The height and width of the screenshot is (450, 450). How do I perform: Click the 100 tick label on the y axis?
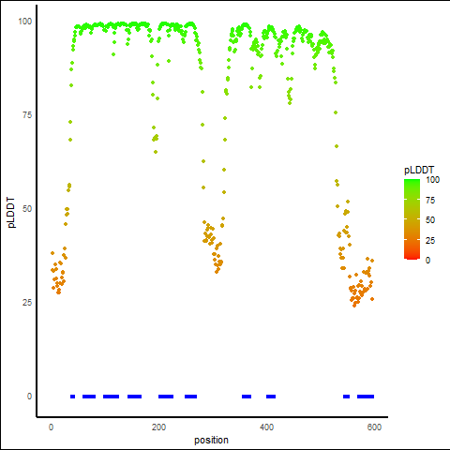click(x=25, y=22)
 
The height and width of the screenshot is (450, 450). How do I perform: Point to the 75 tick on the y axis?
click(x=27, y=115)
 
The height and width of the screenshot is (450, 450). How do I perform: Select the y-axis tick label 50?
click(x=27, y=209)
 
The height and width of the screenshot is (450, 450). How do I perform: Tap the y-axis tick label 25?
click(x=27, y=303)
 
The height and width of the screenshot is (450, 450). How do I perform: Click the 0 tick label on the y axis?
click(x=29, y=397)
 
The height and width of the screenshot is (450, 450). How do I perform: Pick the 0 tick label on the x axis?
click(x=52, y=427)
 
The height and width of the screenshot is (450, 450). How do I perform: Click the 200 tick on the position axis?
click(x=159, y=427)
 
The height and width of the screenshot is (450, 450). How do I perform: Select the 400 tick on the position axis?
click(x=266, y=427)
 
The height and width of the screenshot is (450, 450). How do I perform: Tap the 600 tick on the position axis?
click(x=374, y=427)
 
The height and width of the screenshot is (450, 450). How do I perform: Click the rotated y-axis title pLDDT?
click(x=11, y=213)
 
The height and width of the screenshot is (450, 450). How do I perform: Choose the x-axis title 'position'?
click(x=211, y=440)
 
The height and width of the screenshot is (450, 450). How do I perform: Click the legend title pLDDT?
click(x=419, y=170)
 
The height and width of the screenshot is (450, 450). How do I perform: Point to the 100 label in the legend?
click(x=433, y=180)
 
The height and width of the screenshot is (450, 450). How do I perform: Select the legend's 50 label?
click(x=430, y=220)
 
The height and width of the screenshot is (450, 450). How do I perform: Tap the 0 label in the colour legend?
click(x=427, y=260)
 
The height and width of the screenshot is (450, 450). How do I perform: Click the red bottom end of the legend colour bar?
click(x=412, y=258)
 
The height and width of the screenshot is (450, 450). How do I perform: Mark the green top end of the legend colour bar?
click(x=412, y=181)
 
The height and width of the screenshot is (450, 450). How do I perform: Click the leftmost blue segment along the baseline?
click(x=72, y=397)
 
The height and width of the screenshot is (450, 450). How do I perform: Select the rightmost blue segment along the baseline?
click(x=366, y=397)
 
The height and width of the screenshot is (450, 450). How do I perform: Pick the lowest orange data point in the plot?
click(x=354, y=306)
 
